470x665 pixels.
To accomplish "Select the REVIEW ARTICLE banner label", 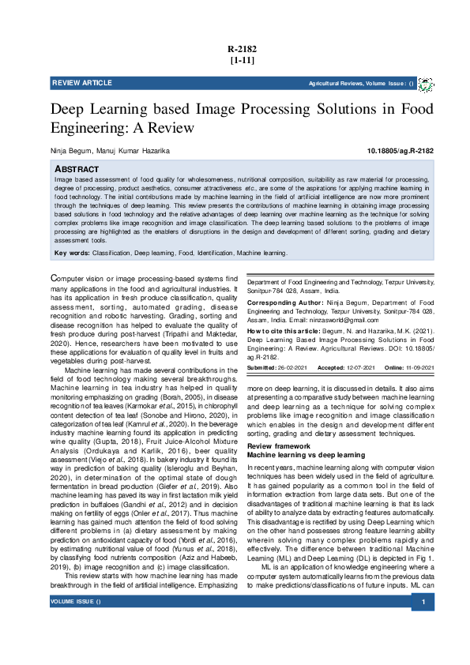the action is [x=81, y=83].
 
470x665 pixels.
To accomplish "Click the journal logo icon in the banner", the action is [x=425, y=84].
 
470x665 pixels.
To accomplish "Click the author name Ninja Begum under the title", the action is [x=70, y=151].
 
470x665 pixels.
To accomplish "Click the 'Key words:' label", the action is [x=72, y=253].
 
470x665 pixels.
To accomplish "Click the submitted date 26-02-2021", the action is [x=291, y=369].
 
